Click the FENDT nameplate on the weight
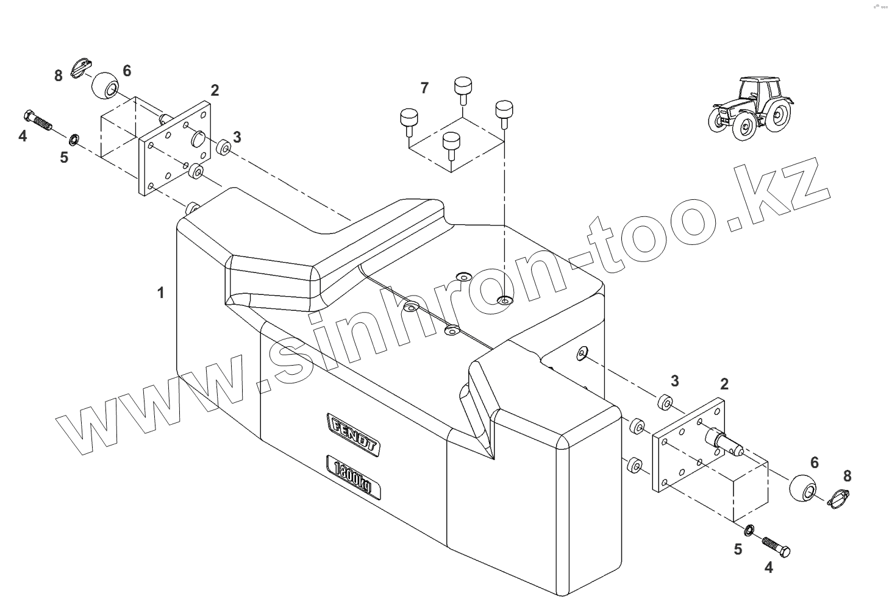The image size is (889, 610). [354, 434]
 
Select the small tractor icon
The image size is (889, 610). [749, 108]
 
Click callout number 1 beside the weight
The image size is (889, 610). [161, 293]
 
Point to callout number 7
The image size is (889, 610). [424, 88]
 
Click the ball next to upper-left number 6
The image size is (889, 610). [105, 85]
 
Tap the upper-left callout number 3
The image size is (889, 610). [237, 138]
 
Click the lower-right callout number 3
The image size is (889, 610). [674, 381]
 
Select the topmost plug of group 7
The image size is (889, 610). [464, 87]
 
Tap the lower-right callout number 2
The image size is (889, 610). [724, 384]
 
